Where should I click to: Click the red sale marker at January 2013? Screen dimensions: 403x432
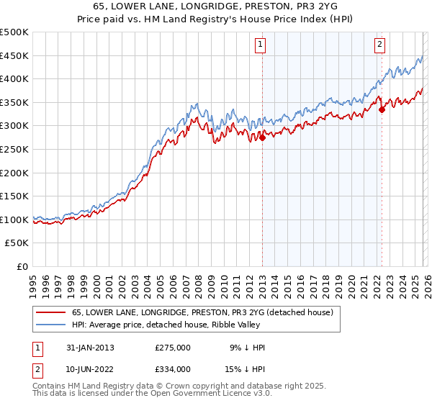262,138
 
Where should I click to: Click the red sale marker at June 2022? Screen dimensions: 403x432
382,110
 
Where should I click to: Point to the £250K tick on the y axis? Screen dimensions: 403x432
14,149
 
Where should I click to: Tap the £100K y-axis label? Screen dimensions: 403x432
14,219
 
